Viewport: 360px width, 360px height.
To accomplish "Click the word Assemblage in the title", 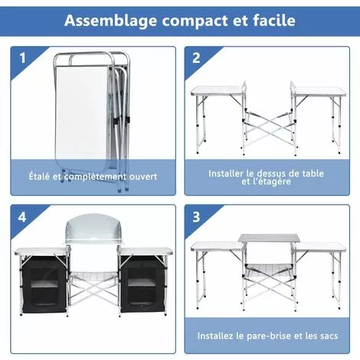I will (x=107, y=21).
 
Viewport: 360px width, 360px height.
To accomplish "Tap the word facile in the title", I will (x=273, y=21).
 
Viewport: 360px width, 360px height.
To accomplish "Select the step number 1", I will (x=22, y=58).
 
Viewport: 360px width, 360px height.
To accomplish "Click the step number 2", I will (x=197, y=58).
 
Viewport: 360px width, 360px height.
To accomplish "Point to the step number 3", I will (x=197, y=218).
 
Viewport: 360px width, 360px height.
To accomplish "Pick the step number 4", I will (x=22, y=218).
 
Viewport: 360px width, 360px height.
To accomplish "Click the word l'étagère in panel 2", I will (x=272, y=182).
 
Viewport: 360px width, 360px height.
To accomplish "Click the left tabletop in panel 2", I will (x=215, y=92).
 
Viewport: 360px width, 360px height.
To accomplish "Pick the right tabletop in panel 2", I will (x=316, y=92).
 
